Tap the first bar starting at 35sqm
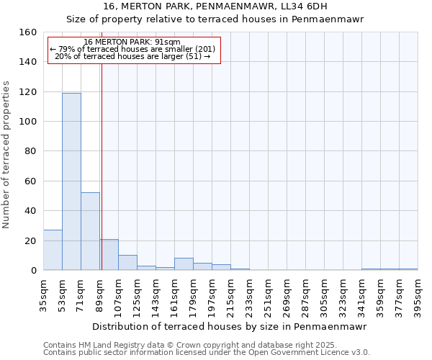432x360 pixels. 53,250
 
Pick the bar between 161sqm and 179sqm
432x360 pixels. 184,264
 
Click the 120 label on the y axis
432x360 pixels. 29,92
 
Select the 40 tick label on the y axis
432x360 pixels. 31,211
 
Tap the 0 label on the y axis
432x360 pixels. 34,271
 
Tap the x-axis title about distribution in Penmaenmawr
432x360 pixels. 230,326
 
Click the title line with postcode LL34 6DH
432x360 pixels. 215,6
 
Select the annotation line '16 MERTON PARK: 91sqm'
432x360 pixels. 132,42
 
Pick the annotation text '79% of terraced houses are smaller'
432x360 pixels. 132,49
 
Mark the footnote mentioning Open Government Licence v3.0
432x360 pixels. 206,352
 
